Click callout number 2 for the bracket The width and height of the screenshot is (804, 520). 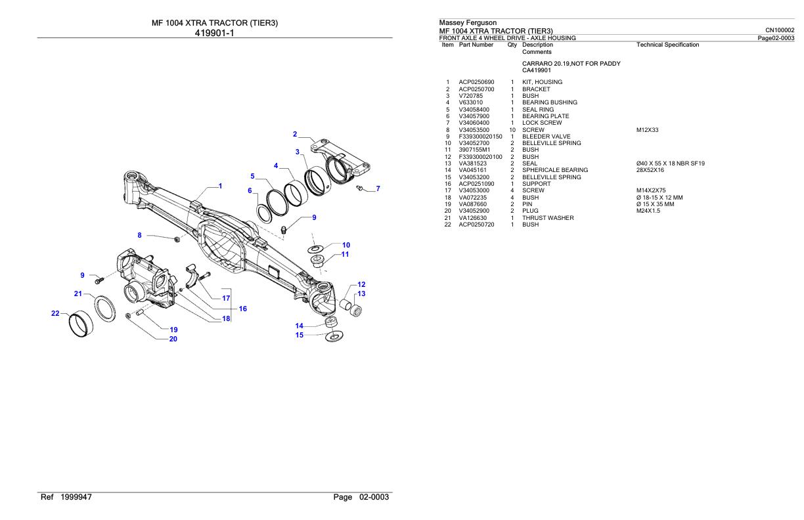point(295,134)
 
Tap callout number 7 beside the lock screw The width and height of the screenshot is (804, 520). point(378,189)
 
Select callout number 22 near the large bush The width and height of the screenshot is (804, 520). point(56,313)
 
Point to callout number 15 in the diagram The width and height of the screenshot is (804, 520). point(299,335)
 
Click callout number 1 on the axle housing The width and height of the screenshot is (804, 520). point(220,186)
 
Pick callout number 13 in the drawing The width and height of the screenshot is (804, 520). point(361,293)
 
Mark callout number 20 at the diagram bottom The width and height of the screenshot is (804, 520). point(173,339)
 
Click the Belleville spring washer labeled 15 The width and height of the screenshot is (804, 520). point(334,337)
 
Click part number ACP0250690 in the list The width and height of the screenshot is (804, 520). point(477,82)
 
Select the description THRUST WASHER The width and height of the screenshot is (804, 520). point(548,217)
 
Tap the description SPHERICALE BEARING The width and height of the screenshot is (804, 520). point(554,170)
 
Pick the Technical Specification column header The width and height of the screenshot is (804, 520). point(667,45)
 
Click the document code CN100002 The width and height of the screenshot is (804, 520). point(780,30)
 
